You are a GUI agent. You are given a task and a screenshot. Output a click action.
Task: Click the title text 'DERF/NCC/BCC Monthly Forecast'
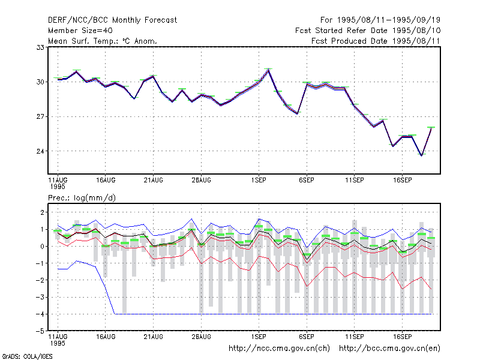(112, 20)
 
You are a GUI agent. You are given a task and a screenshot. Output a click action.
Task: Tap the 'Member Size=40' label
(80, 31)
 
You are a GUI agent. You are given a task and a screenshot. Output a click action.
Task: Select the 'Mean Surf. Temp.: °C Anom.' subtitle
(103, 41)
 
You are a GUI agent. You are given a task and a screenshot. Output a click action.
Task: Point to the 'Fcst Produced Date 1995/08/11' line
(376, 41)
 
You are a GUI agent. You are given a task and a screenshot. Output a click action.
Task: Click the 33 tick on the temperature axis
(40, 47)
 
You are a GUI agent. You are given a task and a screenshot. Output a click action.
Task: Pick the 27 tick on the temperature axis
(40, 116)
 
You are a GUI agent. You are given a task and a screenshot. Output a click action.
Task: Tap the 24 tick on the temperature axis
(40, 151)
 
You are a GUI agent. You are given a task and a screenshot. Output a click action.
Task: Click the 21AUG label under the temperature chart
(154, 181)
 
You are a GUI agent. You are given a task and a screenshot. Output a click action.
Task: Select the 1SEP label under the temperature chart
(259, 181)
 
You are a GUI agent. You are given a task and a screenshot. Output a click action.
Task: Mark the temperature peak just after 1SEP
(268, 70)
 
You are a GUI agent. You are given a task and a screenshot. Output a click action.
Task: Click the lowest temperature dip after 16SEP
(422, 155)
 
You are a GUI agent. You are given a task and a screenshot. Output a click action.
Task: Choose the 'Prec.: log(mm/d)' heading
(82, 198)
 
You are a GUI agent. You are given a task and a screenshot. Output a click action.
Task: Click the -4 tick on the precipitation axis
(40, 314)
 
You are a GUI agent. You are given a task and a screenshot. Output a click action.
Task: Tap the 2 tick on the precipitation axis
(42, 212)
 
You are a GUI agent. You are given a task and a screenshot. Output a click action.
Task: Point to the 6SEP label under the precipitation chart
(307, 337)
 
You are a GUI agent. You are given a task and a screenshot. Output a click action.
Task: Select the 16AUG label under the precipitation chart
(106, 337)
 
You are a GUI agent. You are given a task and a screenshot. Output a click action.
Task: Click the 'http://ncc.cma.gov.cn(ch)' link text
(279, 349)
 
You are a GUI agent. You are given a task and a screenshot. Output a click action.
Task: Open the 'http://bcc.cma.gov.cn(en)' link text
(389, 349)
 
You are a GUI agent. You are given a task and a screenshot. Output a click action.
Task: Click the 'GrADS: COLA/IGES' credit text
(27, 356)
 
